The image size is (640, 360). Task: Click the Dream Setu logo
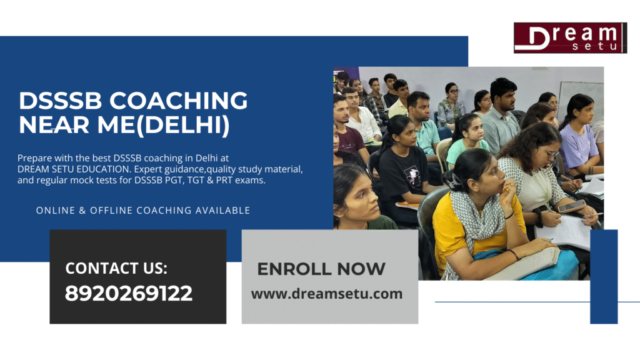(569, 37)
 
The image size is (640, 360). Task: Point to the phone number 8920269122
(129, 293)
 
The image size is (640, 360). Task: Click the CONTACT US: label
(116, 268)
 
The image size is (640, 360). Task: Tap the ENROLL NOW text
(321, 269)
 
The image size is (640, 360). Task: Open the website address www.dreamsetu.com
(327, 294)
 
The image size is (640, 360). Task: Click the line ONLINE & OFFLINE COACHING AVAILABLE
(143, 211)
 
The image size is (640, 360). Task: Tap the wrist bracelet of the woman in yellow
(513, 254)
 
